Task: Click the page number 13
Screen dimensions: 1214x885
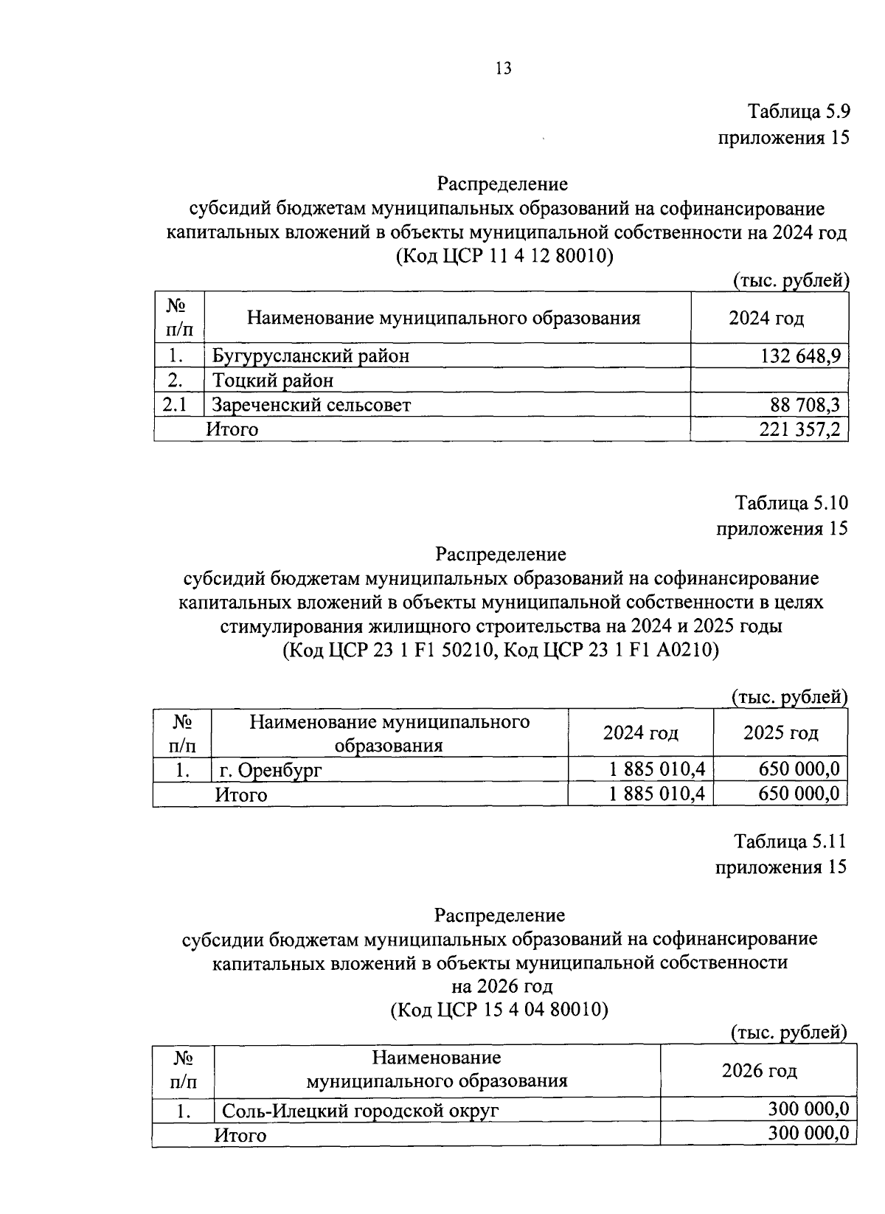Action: point(503,69)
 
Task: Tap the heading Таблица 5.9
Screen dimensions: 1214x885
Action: point(799,112)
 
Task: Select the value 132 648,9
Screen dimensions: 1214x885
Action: point(800,356)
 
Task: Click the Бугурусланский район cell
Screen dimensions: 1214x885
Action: point(311,356)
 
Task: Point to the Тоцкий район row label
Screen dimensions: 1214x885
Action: point(273,381)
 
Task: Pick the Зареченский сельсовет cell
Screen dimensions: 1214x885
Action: point(311,404)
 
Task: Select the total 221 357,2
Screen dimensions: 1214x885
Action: point(800,429)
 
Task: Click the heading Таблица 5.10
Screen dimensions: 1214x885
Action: point(791,504)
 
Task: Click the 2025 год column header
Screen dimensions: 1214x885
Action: point(780,732)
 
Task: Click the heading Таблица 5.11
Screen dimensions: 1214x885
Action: point(790,842)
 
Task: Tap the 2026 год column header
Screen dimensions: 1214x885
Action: point(759,1071)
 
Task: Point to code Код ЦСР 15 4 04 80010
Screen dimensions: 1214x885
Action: point(499,1010)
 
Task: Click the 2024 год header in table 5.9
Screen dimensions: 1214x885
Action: point(766,319)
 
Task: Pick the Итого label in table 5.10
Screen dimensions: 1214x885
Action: point(241,794)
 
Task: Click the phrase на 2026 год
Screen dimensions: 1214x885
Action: point(502,986)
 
